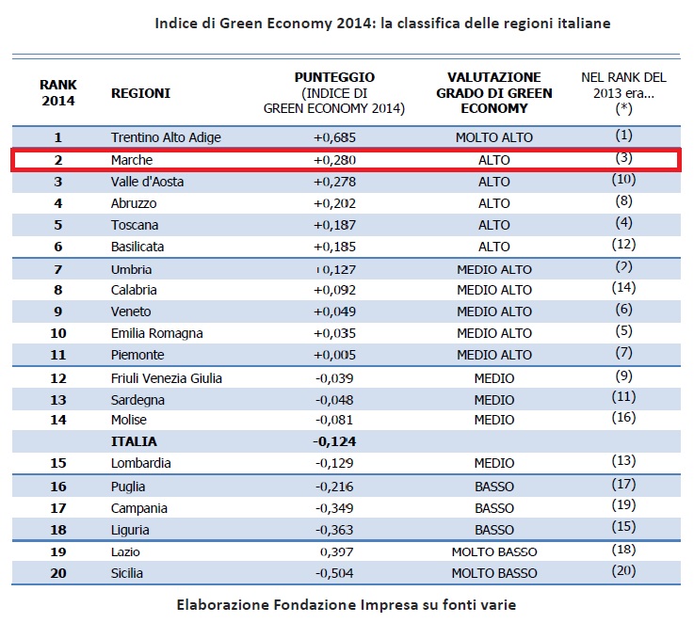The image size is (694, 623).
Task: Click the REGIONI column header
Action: [140, 93]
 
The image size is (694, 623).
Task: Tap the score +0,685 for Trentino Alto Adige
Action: [334, 137]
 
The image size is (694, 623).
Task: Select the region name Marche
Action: [132, 160]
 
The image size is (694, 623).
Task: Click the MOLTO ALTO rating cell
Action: [494, 137]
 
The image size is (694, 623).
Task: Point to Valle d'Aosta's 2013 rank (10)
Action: [623, 179]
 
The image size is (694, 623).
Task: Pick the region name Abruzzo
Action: [134, 203]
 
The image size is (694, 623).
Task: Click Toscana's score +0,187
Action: [334, 225]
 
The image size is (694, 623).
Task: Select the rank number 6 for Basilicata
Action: [58, 247]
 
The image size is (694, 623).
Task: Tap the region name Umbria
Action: [131, 269]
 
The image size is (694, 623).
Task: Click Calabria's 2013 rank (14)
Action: [623, 288]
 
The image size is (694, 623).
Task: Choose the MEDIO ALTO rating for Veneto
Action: [494, 311]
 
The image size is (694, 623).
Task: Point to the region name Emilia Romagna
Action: [156, 333]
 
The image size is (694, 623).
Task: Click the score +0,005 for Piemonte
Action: [334, 355]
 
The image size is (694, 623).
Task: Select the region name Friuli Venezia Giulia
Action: [167, 378]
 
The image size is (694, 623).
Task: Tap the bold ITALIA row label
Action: [134, 441]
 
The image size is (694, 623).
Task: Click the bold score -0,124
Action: [334, 441]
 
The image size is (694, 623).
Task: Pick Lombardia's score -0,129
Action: [334, 463]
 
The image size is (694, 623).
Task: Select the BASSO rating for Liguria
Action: [494, 530]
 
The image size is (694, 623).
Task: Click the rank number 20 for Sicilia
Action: [58, 573]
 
